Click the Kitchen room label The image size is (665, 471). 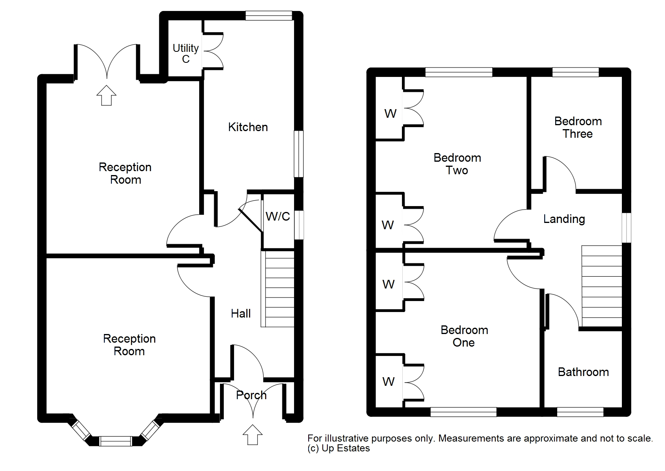(x=248, y=127)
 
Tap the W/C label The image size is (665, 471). (x=278, y=216)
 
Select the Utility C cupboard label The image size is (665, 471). (x=185, y=53)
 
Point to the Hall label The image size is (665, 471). (x=241, y=313)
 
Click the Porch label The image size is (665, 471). (x=251, y=395)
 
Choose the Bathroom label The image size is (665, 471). (x=583, y=372)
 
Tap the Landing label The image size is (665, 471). (x=564, y=219)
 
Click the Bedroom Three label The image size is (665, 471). (x=578, y=127)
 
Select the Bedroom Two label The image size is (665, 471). (x=457, y=164)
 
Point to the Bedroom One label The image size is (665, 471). (x=464, y=336)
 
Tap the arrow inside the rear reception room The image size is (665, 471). (x=107, y=95)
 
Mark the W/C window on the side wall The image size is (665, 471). (x=299, y=225)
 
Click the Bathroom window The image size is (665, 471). (x=580, y=412)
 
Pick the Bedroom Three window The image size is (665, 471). (x=575, y=72)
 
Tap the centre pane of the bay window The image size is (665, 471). (x=115, y=441)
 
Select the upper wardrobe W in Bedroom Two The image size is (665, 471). (x=390, y=114)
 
